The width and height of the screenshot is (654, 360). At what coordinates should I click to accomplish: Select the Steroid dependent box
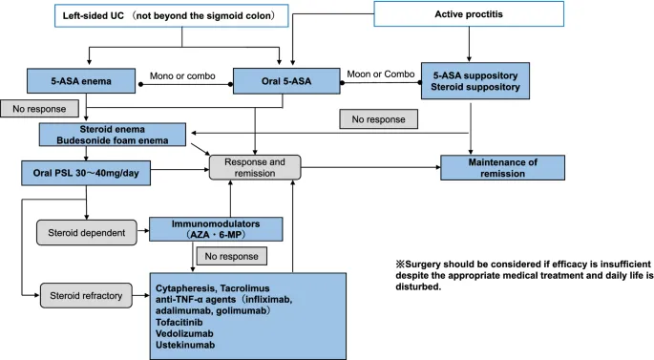(80, 230)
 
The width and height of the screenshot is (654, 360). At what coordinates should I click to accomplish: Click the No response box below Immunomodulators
(230, 256)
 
